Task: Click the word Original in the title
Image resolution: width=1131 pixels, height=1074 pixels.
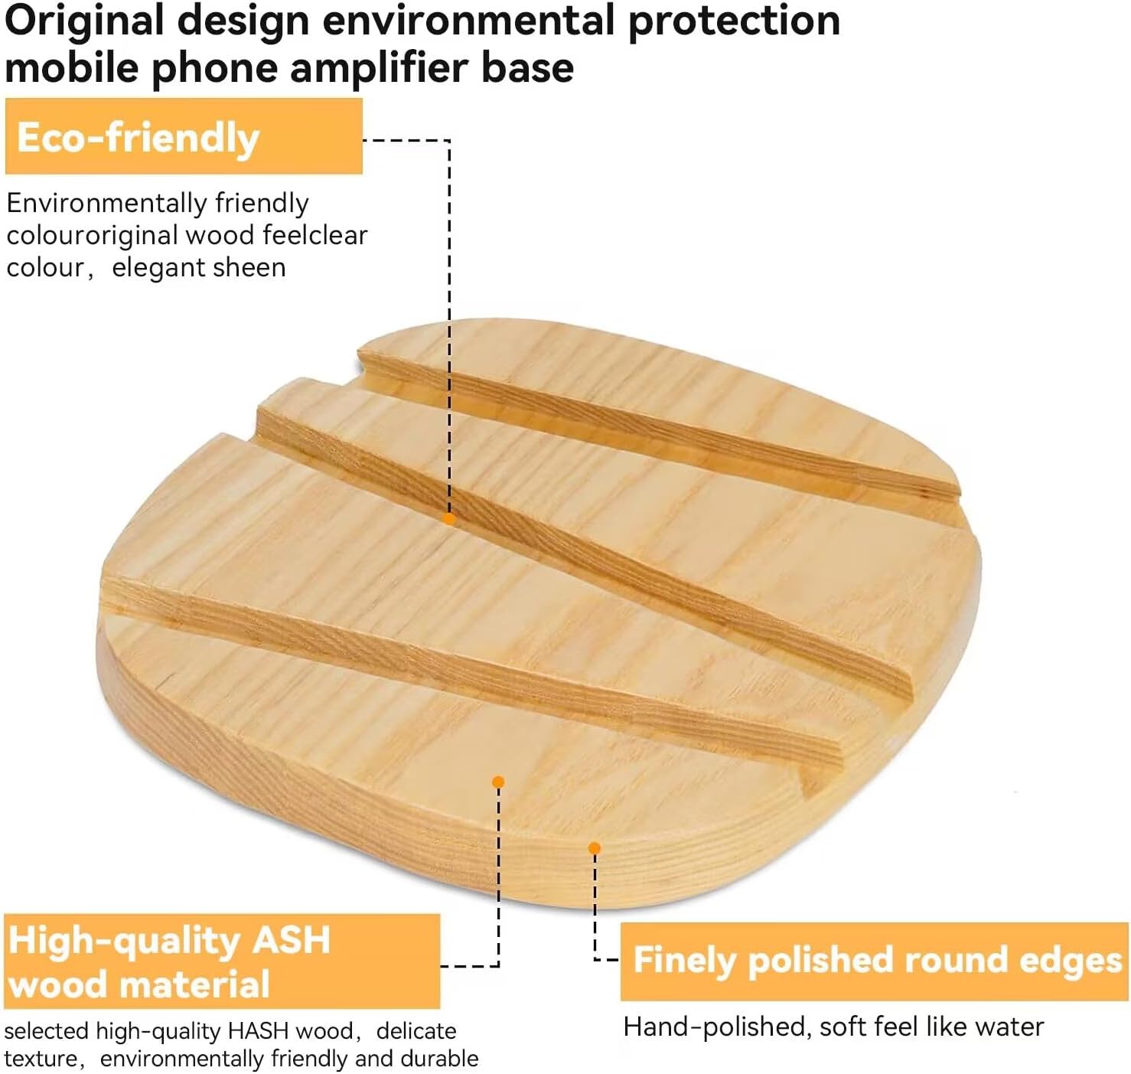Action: [x=85, y=22]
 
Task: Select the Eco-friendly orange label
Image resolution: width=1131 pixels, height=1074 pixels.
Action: [x=184, y=136]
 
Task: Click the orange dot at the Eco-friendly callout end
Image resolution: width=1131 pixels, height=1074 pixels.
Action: [x=449, y=518]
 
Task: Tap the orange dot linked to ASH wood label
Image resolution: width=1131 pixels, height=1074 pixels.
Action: [x=498, y=782]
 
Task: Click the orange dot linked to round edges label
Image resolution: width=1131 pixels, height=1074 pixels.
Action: [x=595, y=848]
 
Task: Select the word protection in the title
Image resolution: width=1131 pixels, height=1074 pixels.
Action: [x=734, y=22]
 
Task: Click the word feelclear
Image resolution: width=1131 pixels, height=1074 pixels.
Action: [x=315, y=236]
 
